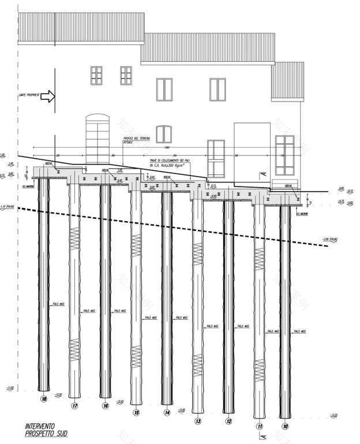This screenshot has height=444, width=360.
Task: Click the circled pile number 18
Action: [44, 398]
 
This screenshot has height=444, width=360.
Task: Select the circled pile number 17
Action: [74, 406]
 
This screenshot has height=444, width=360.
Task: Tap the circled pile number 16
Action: [106, 406]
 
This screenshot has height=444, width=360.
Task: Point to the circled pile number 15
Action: [136, 413]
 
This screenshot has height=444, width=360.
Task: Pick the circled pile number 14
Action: [167, 413]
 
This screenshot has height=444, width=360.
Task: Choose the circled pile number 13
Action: [198, 421]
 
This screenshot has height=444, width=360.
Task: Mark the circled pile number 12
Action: [228, 421]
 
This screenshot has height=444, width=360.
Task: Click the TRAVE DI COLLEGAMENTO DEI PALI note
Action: [170, 163]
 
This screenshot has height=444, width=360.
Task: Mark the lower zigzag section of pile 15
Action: [136, 353]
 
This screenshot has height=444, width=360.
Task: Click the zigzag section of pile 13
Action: [198, 251]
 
